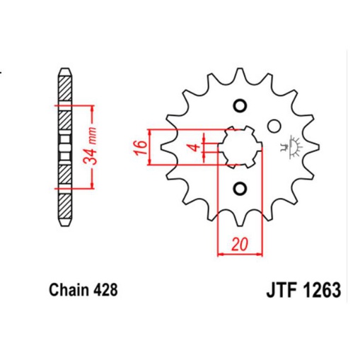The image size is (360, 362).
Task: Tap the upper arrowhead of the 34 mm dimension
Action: coord(92,109)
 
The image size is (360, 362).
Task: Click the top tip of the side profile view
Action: coord(64,69)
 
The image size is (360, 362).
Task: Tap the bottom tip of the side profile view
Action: coord(64,225)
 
